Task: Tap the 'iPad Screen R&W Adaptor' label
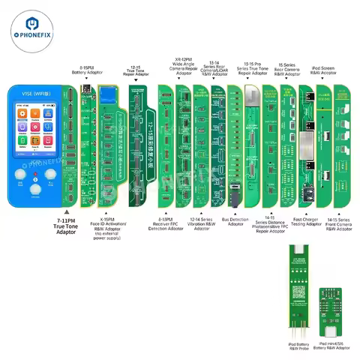329,71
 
